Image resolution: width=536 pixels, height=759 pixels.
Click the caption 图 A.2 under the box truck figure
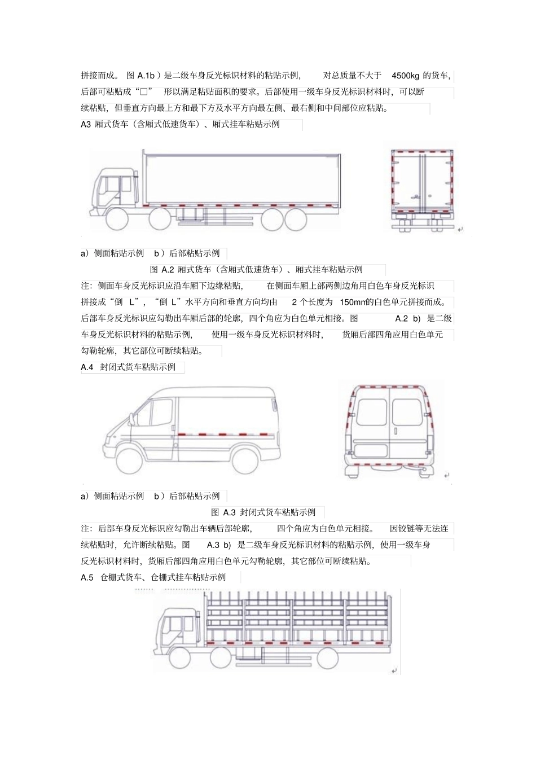[256, 270]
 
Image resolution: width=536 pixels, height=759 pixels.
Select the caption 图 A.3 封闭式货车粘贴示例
[263, 512]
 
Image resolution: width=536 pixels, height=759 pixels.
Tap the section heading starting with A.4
[129, 367]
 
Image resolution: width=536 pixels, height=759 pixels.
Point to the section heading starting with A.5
[153, 577]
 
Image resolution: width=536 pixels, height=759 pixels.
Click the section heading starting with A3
[181, 124]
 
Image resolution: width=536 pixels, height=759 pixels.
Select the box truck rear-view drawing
[423, 189]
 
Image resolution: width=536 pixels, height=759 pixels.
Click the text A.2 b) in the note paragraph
[408, 318]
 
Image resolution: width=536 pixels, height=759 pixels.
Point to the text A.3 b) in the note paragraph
[219, 545]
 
